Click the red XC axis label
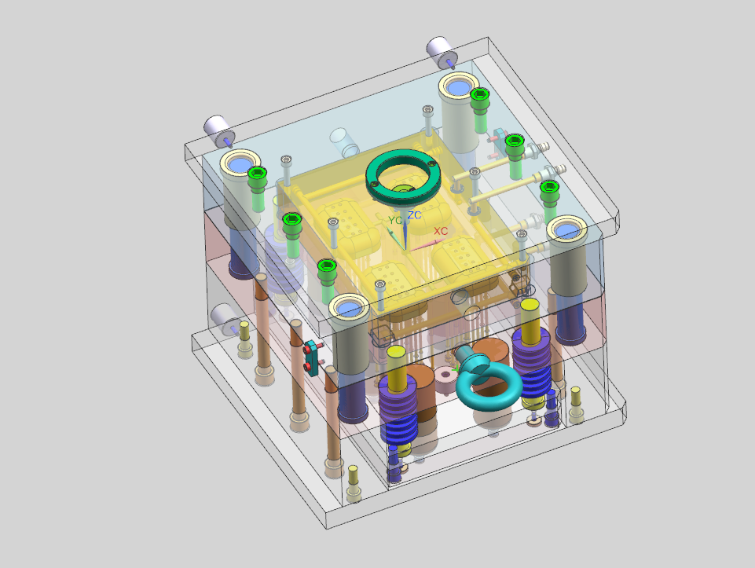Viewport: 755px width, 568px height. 441,231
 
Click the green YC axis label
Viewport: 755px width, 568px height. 395,221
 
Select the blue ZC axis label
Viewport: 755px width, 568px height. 414,215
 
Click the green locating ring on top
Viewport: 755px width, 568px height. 403,177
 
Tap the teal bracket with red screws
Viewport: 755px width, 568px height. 313,357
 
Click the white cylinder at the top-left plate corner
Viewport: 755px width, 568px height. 218,130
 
